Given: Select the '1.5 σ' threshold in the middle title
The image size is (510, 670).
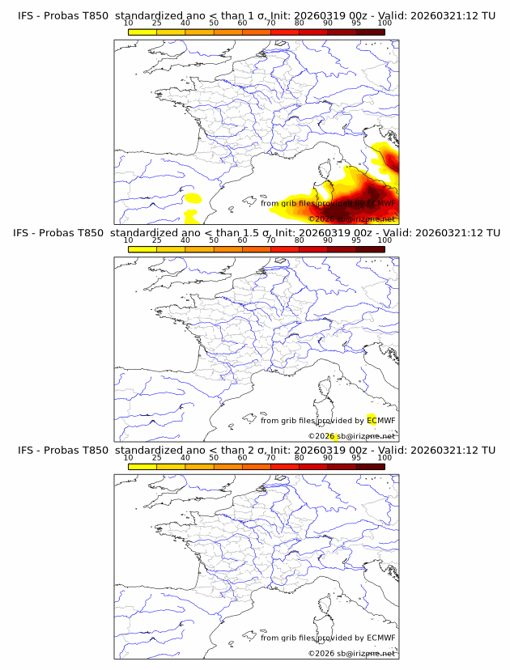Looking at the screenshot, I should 258,233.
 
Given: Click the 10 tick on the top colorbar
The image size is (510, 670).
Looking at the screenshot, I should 128,23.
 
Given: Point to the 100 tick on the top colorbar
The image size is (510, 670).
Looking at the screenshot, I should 385,23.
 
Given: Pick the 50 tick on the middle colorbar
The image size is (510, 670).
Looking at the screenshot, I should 214,240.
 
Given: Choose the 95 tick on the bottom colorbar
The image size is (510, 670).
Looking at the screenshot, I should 356,457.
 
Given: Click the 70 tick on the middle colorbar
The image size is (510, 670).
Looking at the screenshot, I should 270,240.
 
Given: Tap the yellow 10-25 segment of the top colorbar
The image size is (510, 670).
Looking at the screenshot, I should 142,32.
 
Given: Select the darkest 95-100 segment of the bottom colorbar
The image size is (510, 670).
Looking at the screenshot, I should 370,466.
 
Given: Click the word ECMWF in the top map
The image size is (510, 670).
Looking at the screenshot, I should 380,204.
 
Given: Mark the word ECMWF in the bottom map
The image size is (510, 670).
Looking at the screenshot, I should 380,638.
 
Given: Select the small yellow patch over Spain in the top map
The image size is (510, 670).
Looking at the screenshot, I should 193,197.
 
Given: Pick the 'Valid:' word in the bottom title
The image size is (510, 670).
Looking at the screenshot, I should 396,450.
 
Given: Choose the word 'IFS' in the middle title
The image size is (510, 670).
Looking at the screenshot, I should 25,233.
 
